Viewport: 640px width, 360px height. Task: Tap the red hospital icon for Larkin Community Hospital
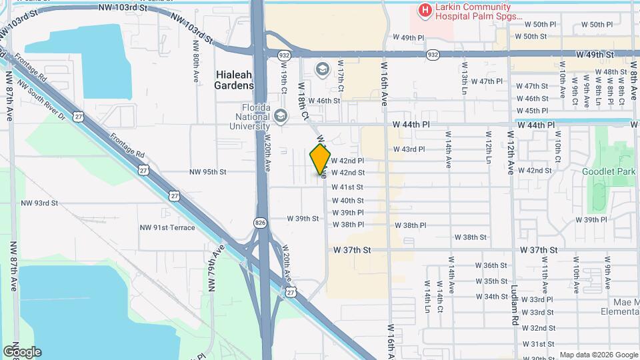coord(423,11)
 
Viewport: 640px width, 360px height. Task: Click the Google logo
coord(22,351)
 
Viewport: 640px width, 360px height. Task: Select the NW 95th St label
coord(208,171)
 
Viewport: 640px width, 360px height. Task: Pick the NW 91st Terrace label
coord(167,227)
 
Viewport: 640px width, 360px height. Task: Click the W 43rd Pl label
coord(409,149)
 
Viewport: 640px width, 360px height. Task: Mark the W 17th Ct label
coord(341,79)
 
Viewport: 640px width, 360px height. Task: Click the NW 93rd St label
coord(39,203)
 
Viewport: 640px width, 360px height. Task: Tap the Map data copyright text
coord(597,355)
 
